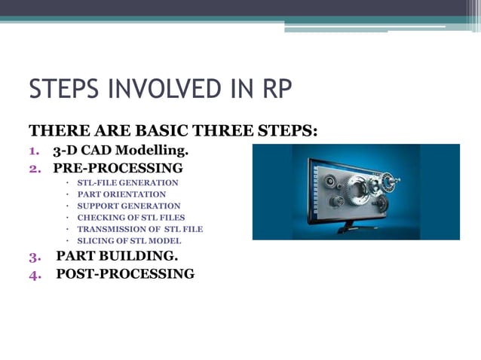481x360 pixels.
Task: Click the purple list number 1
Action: [x=35, y=150]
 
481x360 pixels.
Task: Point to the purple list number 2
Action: [x=35, y=167]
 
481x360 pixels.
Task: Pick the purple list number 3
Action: [x=35, y=256]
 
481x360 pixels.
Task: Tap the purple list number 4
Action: [x=35, y=274]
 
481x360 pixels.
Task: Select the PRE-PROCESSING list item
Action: [x=118, y=167]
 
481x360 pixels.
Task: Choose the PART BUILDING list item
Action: [x=117, y=256]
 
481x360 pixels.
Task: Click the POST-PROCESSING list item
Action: [x=125, y=274]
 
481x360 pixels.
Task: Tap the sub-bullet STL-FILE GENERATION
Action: [x=127, y=183]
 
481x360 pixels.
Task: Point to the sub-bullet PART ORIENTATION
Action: [x=121, y=194]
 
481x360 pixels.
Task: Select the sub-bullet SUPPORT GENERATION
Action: [x=129, y=206]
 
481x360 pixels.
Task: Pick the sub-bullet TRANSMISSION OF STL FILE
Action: [x=140, y=229]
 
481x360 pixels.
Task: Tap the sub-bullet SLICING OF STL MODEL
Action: [x=129, y=241]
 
